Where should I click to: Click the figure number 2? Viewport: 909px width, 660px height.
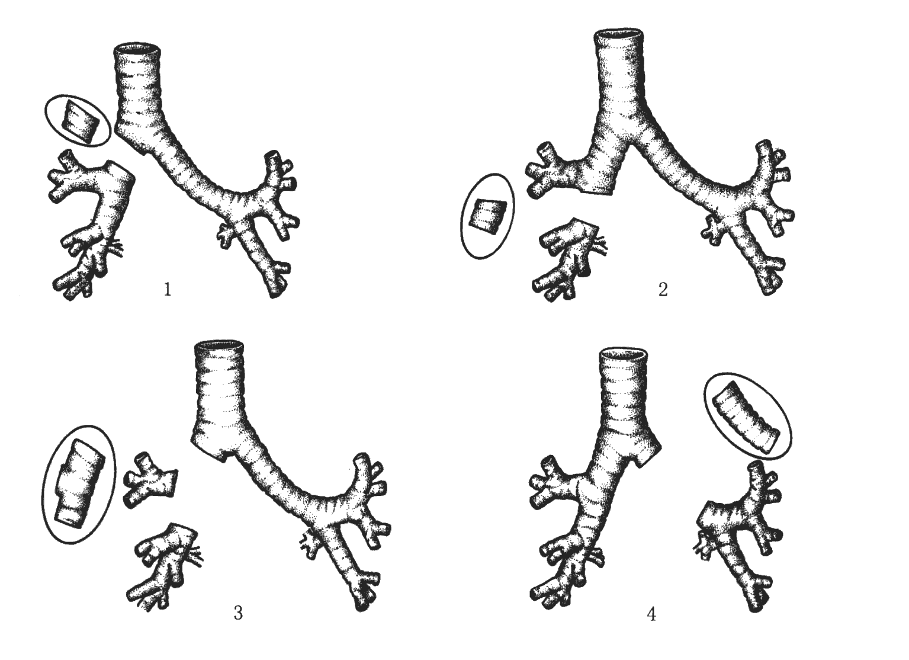point(663,290)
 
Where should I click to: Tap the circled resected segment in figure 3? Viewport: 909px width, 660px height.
point(79,485)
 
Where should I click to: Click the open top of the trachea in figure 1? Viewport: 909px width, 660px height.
point(137,50)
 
